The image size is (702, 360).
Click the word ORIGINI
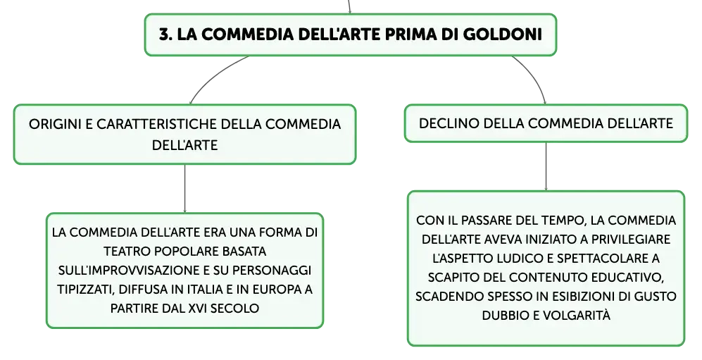[x=55, y=124]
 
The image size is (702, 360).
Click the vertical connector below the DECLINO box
[x=546, y=166]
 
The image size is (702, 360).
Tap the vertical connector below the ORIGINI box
[x=184, y=189]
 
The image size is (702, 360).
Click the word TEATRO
[x=125, y=252]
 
